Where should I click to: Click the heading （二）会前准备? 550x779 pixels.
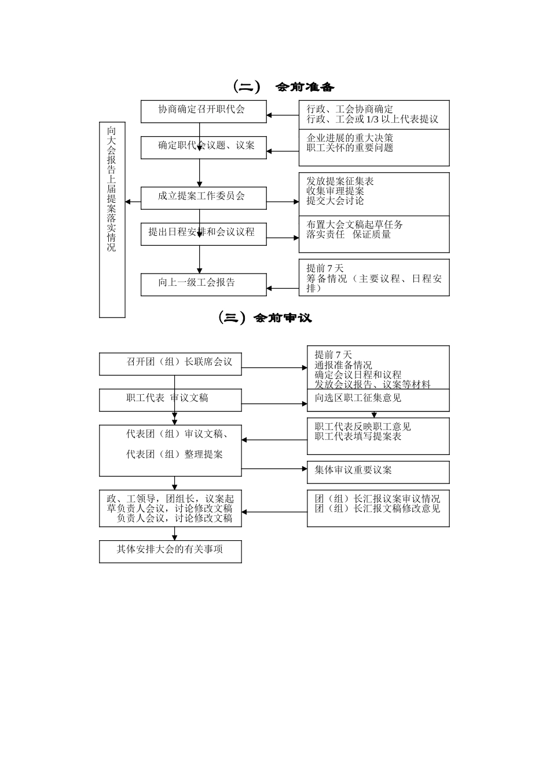click(x=284, y=87)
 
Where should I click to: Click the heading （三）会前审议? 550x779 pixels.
click(x=266, y=318)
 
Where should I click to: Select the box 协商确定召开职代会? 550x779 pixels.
click(x=203, y=111)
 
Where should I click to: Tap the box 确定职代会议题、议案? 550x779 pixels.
click(x=203, y=147)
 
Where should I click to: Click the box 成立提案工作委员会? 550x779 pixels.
click(x=203, y=198)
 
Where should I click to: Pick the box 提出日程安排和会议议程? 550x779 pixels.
click(x=203, y=234)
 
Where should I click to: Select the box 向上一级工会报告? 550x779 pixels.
click(x=203, y=284)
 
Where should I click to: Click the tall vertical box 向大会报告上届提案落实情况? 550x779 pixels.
click(x=112, y=220)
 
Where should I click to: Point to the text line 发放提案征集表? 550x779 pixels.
click(x=340, y=181)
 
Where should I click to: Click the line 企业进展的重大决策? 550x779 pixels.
click(x=350, y=138)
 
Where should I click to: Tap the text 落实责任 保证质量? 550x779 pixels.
click(x=349, y=235)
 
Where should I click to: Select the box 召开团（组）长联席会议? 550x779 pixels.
click(x=170, y=363)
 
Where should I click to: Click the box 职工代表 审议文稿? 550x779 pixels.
click(x=170, y=399)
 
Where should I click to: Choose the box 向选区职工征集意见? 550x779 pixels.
click(x=378, y=399)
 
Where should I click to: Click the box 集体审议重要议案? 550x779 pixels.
click(x=378, y=471)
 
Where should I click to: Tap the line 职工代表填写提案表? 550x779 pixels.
click(x=358, y=436)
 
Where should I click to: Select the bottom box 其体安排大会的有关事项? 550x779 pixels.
click(x=170, y=551)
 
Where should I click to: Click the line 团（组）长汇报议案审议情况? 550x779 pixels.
click(x=377, y=498)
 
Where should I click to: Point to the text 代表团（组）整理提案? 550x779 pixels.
click(x=174, y=454)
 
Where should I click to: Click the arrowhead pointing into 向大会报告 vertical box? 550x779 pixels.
click(x=129, y=202)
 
